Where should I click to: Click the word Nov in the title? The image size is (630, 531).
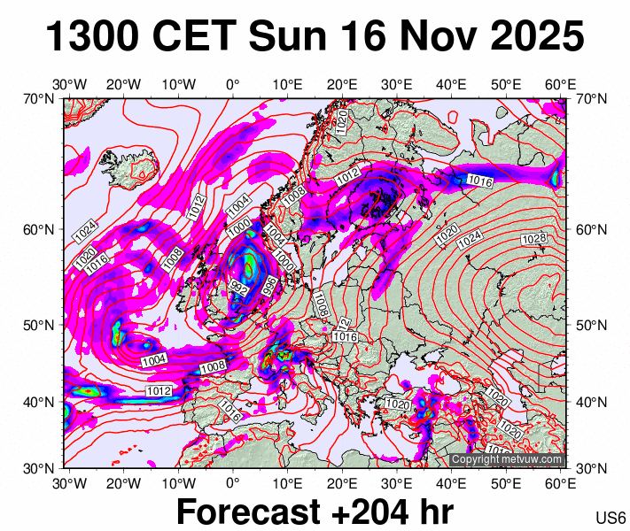[x=427, y=37]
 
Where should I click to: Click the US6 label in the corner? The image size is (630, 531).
[x=611, y=518]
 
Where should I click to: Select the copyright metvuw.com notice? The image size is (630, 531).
[x=506, y=459]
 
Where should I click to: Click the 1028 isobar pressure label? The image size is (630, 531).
[x=534, y=240]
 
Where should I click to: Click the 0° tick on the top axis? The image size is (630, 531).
[x=233, y=84]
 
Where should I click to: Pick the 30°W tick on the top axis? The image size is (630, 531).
[x=69, y=84]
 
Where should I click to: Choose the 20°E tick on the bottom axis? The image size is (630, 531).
[x=342, y=483]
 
